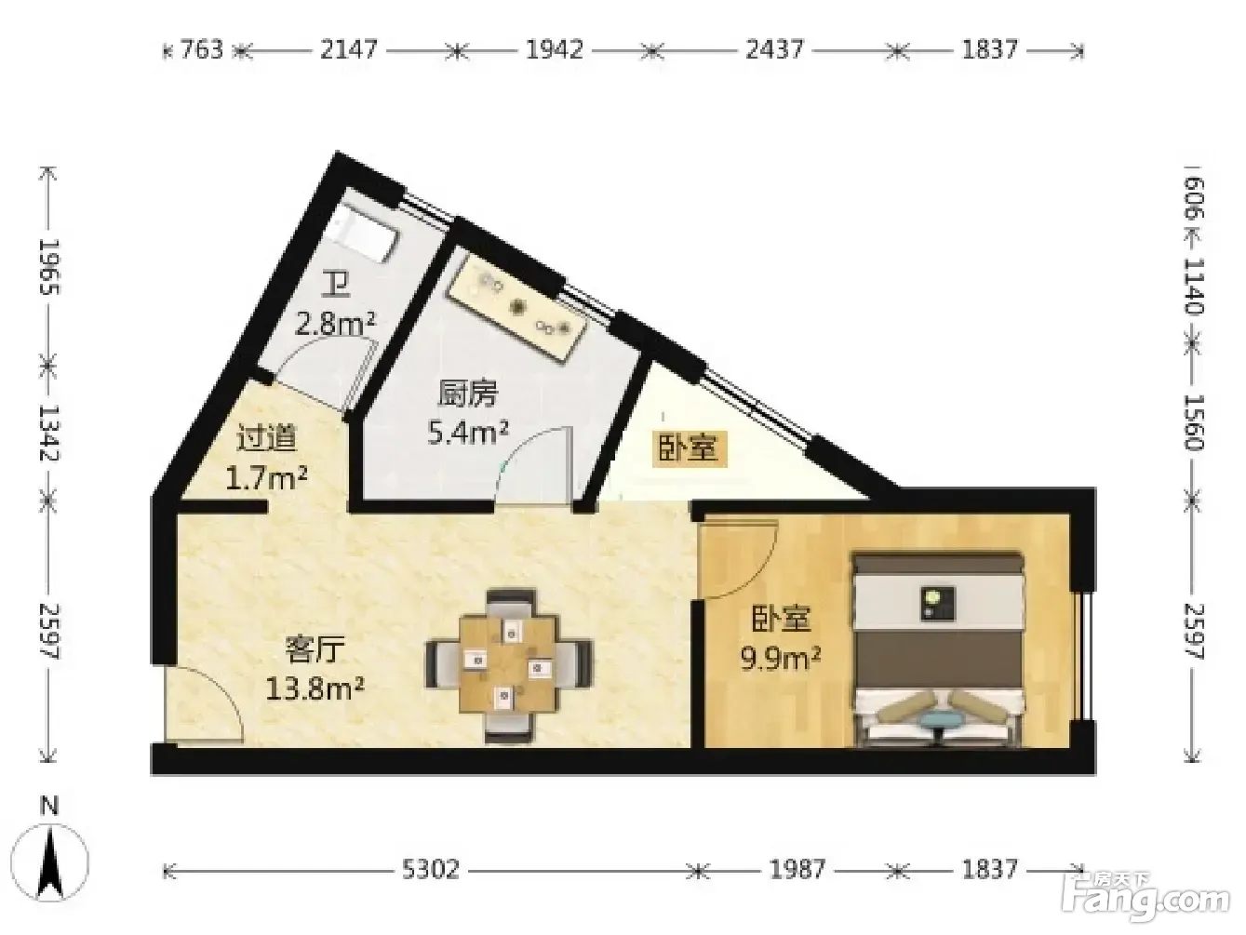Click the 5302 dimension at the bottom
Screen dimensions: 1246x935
(x=430, y=869)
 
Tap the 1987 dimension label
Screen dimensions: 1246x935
(x=797, y=869)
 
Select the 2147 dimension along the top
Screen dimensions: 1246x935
(x=349, y=50)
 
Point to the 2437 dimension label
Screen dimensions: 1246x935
(x=774, y=50)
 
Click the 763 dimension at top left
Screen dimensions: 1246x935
(x=202, y=50)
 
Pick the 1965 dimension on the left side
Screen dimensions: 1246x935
(x=50, y=266)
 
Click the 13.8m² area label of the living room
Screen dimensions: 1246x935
(x=315, y=689)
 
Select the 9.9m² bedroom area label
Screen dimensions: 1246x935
(x=781, y=659)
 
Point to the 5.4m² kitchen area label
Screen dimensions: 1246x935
(x=468, y=433)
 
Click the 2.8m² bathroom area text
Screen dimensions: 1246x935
(x=335, y=325)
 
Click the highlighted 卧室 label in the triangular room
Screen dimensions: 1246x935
(x=689, y=450)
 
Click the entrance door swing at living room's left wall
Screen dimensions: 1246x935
(x=205, y=703)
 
